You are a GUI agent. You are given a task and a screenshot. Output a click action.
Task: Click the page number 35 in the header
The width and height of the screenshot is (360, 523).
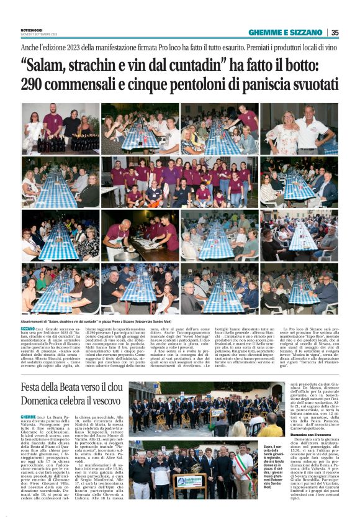[335, 32]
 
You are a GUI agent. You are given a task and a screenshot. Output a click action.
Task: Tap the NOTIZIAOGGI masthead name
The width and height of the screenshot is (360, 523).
[32, 30]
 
